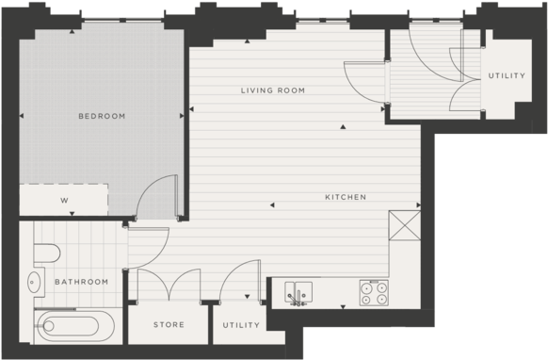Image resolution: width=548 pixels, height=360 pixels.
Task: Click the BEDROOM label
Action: (101, 116)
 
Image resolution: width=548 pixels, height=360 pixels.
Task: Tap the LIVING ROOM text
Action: (272, 90)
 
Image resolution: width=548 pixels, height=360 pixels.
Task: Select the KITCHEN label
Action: (345, 197)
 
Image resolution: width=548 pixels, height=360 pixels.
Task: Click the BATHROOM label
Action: (80, 282)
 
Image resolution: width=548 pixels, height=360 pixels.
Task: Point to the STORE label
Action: (169, 325)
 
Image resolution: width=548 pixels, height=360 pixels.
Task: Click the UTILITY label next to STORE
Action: (241, 325)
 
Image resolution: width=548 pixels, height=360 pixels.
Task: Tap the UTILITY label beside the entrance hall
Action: (506, 75)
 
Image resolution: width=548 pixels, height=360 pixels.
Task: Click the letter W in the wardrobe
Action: (64, 201)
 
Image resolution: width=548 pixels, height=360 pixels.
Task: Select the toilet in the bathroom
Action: (45, 252)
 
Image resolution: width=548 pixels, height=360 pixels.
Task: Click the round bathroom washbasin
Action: (36, 281)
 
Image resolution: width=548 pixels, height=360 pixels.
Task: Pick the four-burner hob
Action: (373, 293)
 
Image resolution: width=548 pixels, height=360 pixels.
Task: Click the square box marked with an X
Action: (404, 226)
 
